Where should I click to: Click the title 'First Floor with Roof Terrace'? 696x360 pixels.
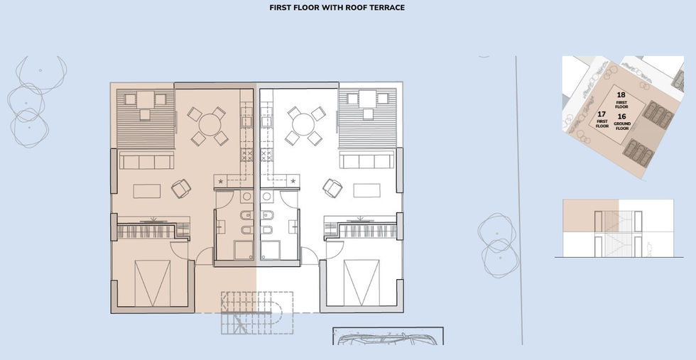tap(337, 8)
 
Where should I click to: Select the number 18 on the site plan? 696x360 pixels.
tap(621, 95)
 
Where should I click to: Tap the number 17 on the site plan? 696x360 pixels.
tap(602, 114)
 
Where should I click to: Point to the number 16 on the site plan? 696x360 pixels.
tap(622, 116)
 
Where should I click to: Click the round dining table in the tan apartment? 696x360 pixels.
tap(210, 125)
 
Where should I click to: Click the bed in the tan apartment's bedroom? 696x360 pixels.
tap(152, 283)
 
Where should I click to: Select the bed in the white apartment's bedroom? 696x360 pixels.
tap(361, 283)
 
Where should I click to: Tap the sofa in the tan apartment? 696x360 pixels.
tap(146, 160)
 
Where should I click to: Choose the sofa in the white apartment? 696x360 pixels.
tap(366, 160)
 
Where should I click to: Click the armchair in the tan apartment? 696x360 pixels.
tap(181, 189)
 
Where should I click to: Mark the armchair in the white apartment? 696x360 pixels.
tap(332, 188)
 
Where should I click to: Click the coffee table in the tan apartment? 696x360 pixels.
tap(147, 191)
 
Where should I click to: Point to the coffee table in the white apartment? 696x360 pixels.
tap(366, 190)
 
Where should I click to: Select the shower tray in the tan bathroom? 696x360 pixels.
tap(243, 250)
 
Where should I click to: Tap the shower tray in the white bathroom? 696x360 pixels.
tap(270, 250)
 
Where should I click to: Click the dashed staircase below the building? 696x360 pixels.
tap(257, 312)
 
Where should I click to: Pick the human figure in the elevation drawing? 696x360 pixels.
tap(649, 249)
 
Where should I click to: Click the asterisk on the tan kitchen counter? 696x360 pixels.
tap(221, 181)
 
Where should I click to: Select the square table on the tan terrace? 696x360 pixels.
tap(145, 99)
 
